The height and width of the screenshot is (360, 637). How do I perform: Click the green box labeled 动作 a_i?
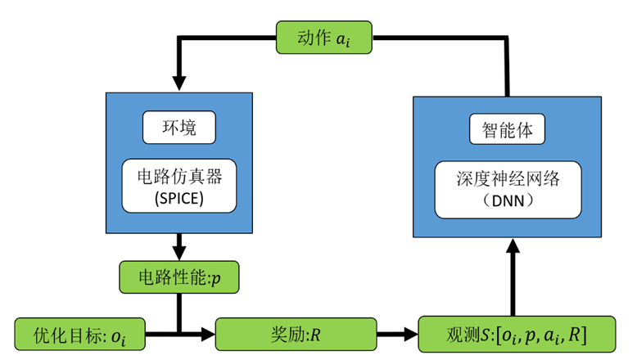pyautogui.click(x=324, y=37)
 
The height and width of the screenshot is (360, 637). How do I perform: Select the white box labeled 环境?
pyautogui.click(x=178, y=128)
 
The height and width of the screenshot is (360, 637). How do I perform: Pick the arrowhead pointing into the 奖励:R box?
pyautogui.click(x=206, y=334)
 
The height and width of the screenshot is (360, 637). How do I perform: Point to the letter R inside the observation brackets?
pyautogui.click(x=576, y=335)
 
